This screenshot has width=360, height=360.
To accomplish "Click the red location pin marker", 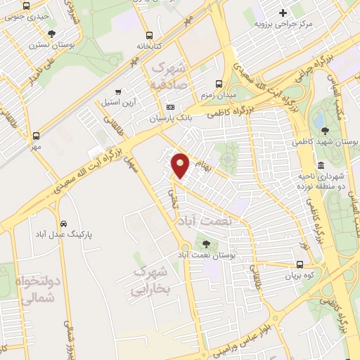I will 181,165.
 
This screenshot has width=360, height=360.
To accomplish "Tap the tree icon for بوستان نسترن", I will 52,33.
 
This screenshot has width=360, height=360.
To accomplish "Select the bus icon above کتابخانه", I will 149,35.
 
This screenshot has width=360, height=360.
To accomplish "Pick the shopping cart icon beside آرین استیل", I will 117,91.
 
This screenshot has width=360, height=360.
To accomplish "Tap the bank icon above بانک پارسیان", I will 169,108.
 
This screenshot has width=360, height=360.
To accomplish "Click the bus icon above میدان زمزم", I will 219,82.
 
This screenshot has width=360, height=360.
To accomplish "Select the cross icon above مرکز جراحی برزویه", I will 283,13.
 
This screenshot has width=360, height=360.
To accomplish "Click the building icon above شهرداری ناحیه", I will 321,165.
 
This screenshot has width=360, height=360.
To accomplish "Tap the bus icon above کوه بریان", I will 300,265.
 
